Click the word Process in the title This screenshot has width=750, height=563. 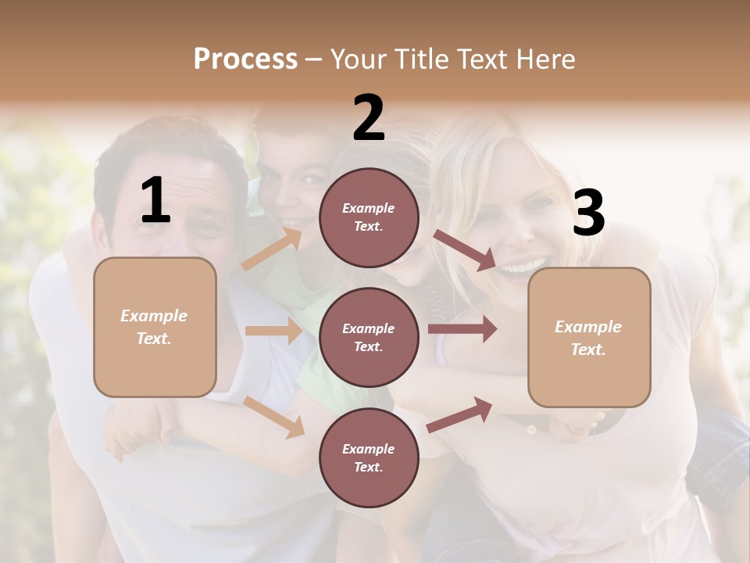tap(245, 59)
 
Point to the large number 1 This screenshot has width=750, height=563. tap(155, 201)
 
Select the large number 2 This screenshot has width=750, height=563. tap(369, 118)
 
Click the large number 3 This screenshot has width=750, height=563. tap(588, 213)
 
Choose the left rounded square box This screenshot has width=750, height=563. tap(155, 327)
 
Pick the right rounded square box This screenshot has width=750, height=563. tap(589, 337)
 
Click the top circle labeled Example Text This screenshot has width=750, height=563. tap(369, 217)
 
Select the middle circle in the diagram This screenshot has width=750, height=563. tap(369, 337)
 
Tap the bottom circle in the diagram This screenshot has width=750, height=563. tap(369, 457)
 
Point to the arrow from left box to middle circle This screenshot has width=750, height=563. tap(273, 331)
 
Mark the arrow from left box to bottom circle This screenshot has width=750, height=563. tap(273, 416)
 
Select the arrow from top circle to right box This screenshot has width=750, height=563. tap(465, 249)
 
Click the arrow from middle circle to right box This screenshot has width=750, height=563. tap(462, 329)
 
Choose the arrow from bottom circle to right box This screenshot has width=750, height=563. tap(460, 414)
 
